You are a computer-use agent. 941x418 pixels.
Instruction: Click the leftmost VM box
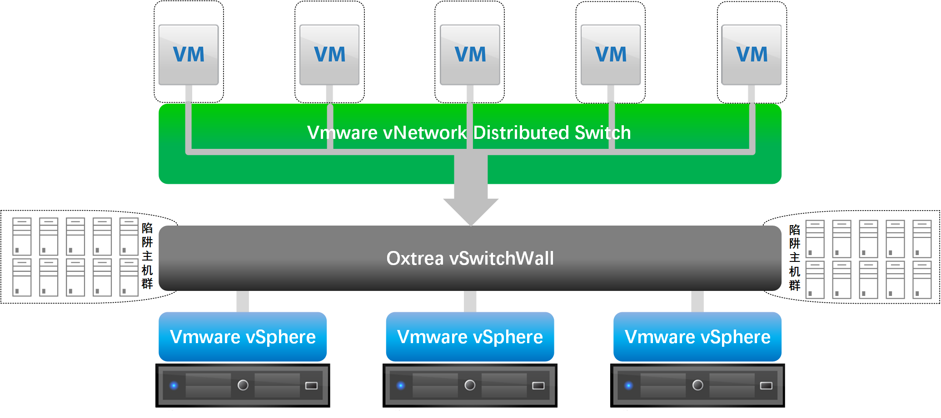(x=189, y=54)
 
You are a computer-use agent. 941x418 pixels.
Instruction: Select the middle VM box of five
(x=470, y=54)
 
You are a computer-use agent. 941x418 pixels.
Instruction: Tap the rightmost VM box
(x=752, y=54)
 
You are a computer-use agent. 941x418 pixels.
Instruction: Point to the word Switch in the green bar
(x=602, y=133)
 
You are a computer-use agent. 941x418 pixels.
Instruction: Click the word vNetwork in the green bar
(x=425, y=133)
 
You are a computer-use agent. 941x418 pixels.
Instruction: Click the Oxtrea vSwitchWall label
(x=470, y=258)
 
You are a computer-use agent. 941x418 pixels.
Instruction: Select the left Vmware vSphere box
(x=243, y=337)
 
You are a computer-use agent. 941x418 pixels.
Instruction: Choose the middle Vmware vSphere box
(x=470, y=337)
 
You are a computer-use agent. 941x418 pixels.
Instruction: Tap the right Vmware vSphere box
(x=697, y=337)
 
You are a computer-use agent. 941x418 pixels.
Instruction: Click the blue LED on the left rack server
(x=174, y=386)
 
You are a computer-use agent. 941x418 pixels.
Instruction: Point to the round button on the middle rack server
(x=470, y=385)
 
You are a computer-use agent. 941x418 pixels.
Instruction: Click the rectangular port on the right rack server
(x=766, y=386)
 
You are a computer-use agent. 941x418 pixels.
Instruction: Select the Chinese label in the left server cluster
(x=147, y=256)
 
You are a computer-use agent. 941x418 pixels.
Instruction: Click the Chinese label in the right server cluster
(x=795, y=257)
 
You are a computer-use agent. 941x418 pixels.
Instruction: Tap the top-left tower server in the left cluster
(x=22, y=236)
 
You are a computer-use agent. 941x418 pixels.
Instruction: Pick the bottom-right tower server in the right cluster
(x=922, y=280)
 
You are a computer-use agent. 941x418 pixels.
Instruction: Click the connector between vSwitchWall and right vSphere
(x=697, y=301)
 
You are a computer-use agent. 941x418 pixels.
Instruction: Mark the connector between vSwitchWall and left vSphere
(x=243, y=301)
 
